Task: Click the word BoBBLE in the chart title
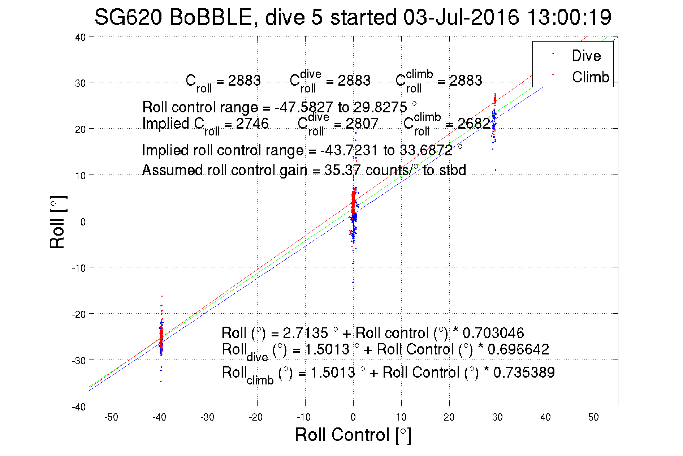pyautogui.click(x=210, y=17)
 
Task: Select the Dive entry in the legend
pyautogui.click(x=586, y=56)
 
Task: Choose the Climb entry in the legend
pyautogui.click(x=590, y=77)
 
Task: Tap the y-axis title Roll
pyautogui.click(x=58, y=222)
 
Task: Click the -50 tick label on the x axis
pyautogui.click(x=111, y=417)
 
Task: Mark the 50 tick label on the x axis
pyautogui.click(x=593, y=417)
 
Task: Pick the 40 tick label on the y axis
pyautogui.click(x=81, y=38)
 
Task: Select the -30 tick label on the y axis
pyautogui.click(x=79, y=361)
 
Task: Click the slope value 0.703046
pyautogui.click(x=493, y=333)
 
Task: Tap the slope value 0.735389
pyautogui.click(x=524, y=373)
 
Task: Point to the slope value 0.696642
pyautogui.click(x=518, y=349)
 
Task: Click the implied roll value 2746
pyautogui.click(x=252, y=124)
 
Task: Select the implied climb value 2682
pyautogui.click(x=474, y=124)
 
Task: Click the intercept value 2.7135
pyautogui.click(x=305, y=333)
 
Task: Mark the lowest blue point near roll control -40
pyautogui.click(x=161, y=382)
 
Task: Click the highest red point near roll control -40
pyautogui.click(x=162, y=296)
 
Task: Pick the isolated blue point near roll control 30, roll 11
pyautogui.click(x=495, y=170)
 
